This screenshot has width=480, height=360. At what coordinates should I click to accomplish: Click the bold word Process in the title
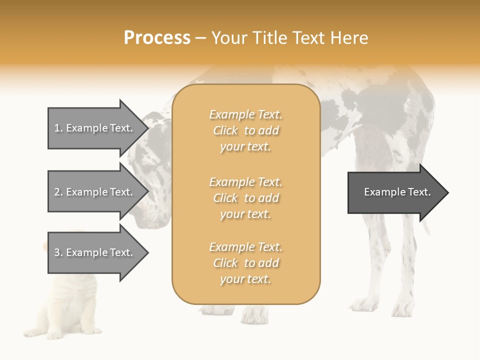click(x=157, y=38)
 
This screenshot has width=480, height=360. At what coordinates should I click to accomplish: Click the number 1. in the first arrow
click(x=58, y=128)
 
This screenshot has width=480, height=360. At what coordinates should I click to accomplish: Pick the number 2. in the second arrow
click(x=58, y=192)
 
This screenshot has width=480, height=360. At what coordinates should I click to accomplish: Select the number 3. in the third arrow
click(x=58, y=252)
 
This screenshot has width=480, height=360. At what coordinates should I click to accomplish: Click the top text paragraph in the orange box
click(x=245, y=130)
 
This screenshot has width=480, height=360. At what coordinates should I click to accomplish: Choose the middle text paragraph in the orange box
click(x=245, y=198)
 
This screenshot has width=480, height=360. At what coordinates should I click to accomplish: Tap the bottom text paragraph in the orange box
click(x=245, y=263)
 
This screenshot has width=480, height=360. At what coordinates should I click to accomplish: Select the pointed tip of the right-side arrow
click(x=447, y=192)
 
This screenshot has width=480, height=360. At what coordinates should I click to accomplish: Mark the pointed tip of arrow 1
click(x=147, y=128)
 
